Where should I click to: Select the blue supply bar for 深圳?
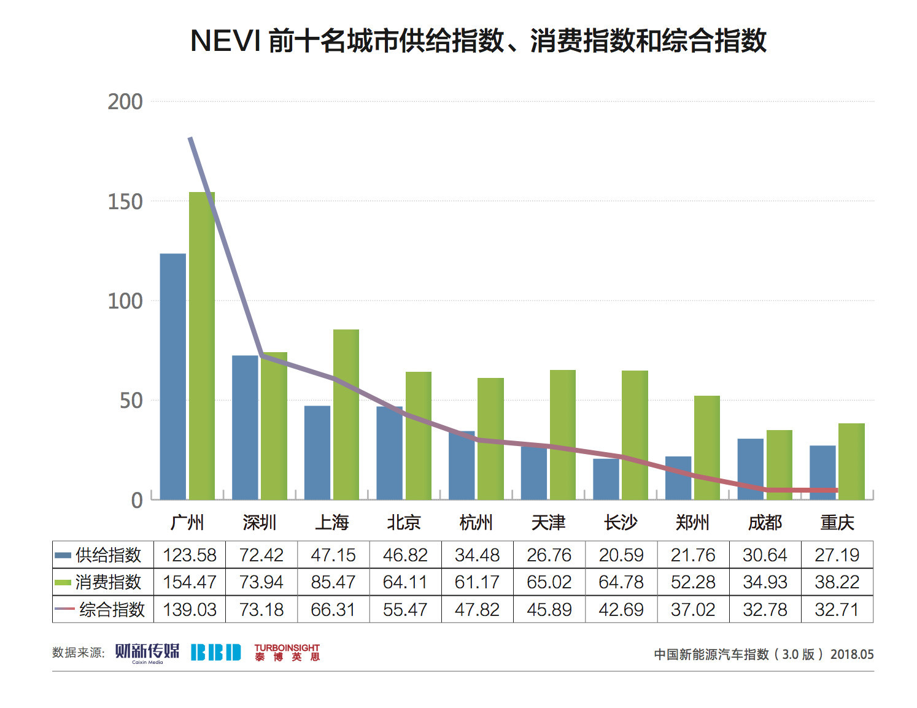tap(245, 428)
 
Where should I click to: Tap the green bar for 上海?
tap(346, 415)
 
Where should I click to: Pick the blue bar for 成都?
tap(750, 469)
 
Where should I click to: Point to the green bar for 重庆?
tap(851, 461)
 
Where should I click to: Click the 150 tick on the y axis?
tap(125, 201)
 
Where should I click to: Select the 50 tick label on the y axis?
tap(131, 401)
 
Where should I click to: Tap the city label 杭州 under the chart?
tap(476, 523)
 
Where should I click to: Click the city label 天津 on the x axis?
tap(548, 523)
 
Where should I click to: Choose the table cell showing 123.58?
tap(189, 555)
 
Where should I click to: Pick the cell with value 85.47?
tap(333, 582)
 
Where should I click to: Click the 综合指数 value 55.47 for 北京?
tap(405, 610)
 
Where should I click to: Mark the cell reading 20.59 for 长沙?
tap(621, 555)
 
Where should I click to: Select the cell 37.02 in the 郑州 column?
tap(693, 610)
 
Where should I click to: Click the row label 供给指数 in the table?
tap(108, 555)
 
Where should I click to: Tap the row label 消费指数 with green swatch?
tap(108, 582)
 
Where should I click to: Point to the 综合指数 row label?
tap(111, 610)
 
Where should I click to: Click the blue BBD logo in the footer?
tap(215, 653)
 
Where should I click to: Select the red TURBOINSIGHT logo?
tap(287, 652)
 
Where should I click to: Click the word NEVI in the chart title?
tap(225, 41)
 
